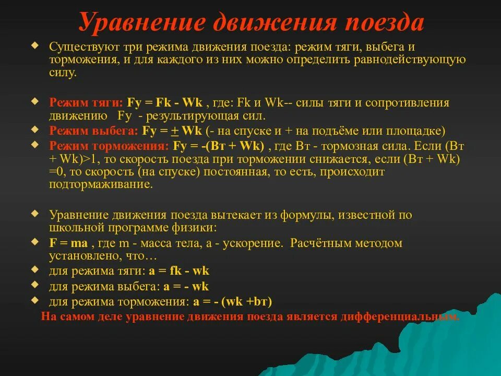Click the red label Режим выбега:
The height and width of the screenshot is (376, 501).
click(93, 131)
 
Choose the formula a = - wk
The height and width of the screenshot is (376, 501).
click(186, 286)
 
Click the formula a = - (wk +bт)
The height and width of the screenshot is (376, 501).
click(232, 301)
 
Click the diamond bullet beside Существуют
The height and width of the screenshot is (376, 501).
click(35, 46)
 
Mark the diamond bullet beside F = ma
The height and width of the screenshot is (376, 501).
click(35, 242)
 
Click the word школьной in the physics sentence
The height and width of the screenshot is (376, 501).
click(77, 228)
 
